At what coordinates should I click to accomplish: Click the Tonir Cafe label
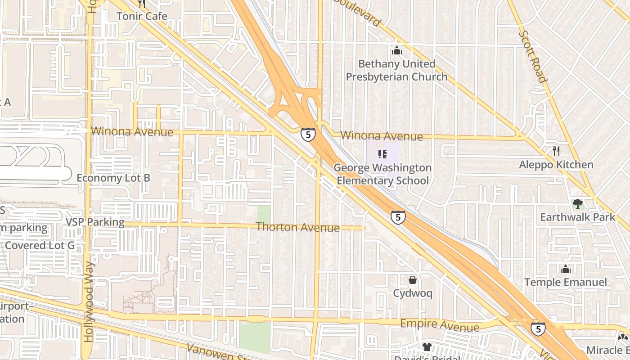142,16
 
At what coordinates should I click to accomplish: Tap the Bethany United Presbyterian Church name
396,70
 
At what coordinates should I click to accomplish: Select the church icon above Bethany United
396,51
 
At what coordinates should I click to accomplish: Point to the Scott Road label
533,56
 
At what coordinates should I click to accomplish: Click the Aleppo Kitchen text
556,165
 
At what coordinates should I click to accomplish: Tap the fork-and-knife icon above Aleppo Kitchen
556,151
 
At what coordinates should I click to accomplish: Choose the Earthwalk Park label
577,217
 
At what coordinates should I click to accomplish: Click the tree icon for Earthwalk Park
577,204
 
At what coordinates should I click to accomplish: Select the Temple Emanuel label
566,283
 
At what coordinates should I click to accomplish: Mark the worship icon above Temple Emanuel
566,269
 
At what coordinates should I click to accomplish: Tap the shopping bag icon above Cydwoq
412,280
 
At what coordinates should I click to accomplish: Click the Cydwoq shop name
413,294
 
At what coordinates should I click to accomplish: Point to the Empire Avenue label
440,325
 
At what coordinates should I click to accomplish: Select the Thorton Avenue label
297,227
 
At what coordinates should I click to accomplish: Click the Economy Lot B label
113,178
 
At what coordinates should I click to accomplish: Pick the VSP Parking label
95,222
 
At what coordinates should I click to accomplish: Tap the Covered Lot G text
40,245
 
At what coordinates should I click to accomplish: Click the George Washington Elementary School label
382,174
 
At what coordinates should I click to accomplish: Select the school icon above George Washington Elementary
382,155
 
